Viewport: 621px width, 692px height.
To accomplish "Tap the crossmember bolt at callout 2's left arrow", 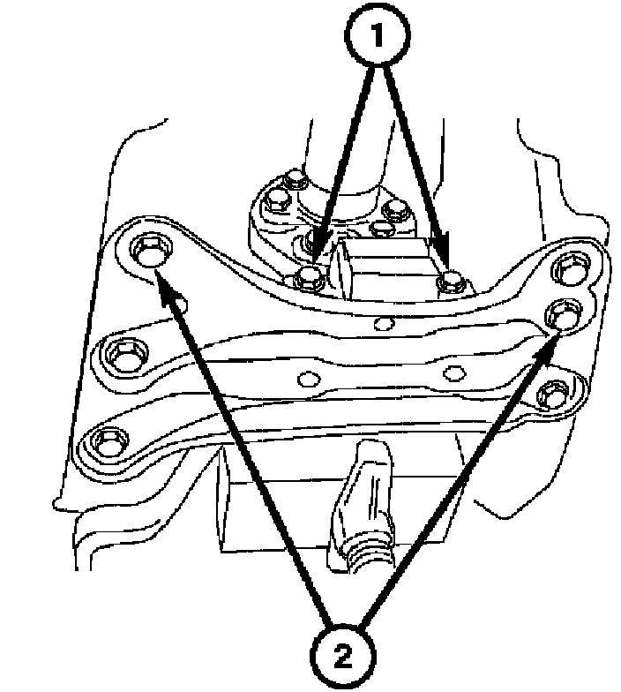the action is [148, 250].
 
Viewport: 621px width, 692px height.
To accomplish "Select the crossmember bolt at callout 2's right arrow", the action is [561, 312].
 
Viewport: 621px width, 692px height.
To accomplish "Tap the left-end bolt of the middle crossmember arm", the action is [116, 357].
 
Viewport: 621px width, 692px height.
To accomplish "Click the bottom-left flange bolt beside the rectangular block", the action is [308, 278].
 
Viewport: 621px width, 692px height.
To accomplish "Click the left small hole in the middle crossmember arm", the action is [308, 380].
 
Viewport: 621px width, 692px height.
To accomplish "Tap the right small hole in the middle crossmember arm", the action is [453, 372].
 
